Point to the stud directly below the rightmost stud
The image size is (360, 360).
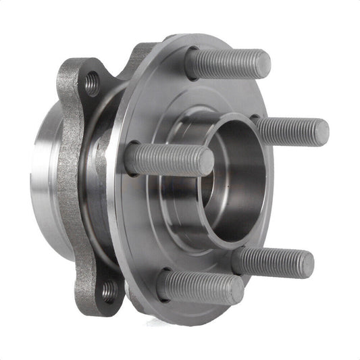[x=274, y=262]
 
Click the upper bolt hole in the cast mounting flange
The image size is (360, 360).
[x=93, y=84]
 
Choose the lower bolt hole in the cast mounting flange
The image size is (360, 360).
[x=109, y=291]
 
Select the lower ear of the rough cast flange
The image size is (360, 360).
[x=101, y=297]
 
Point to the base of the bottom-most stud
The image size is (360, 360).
[x=165, y=284]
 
